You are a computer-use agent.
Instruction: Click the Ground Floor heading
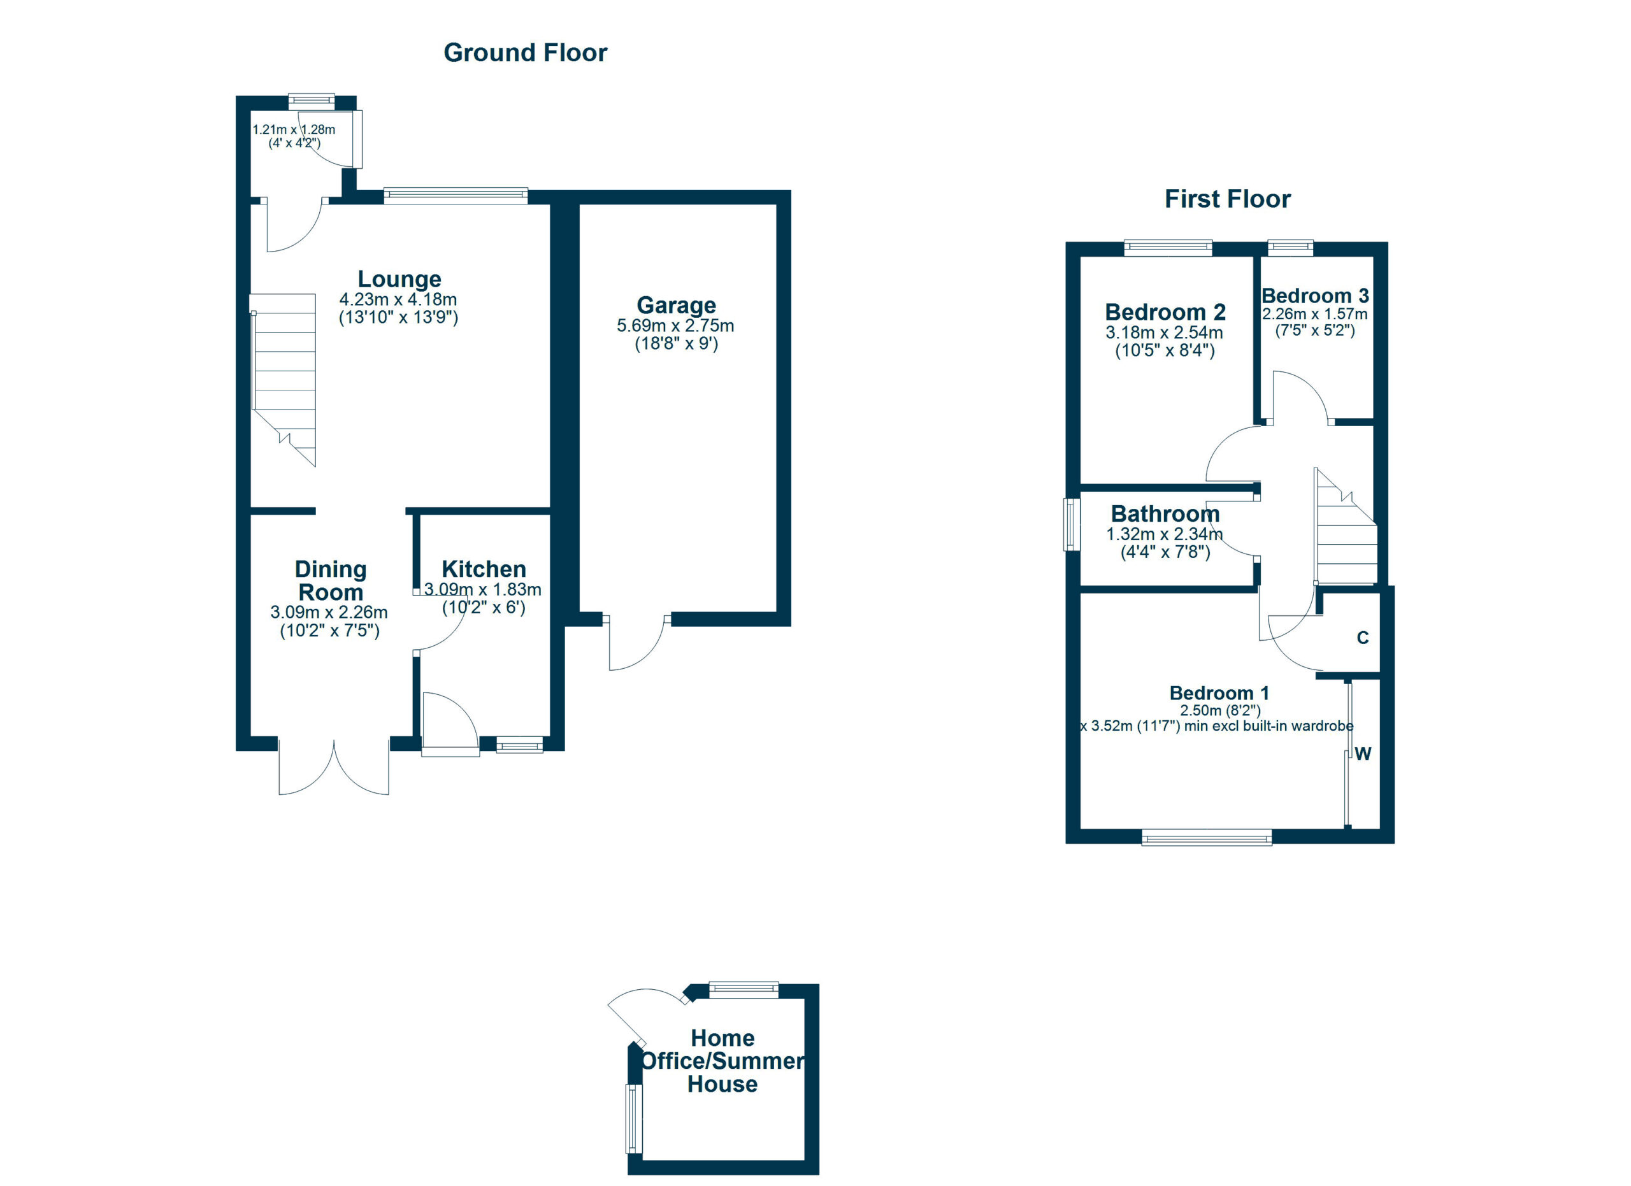[x=525, y=52]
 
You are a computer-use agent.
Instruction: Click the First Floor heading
[x=1227, y=199]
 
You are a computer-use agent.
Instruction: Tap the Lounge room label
[x=399, y=279]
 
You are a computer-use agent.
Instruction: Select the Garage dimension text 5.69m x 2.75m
[x=675, y=325]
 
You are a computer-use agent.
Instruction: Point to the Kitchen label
[x=484, y=569]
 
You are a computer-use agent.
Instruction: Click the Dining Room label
[x=330, y=581]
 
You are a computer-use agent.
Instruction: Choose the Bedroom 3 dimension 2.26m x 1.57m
[x=1314, y=314]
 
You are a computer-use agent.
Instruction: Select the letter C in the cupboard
[x=1362, y=638]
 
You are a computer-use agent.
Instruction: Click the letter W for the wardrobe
[x=1363, y=754]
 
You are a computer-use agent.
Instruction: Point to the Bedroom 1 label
[x=1219, y=693]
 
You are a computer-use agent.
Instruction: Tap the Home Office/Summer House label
[x=722, y=1061]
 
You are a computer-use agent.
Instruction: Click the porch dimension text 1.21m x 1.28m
[x=294, y=130]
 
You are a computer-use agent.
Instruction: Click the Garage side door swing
[x=636, y=643]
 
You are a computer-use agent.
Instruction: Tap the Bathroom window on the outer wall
[x=1072, y=525]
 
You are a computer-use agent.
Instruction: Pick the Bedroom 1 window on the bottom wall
[x=1206, y=837]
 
